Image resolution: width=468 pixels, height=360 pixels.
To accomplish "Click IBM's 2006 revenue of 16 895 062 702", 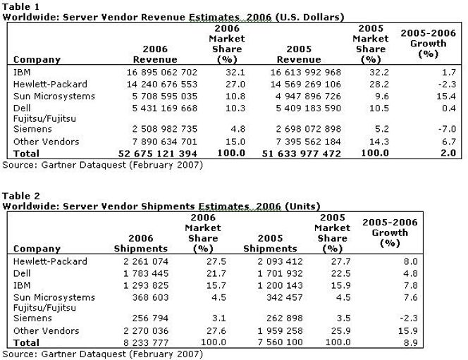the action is pyautogui.click(x=162, y=72).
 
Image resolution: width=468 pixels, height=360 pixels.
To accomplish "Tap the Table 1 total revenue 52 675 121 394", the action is pyautogui.click(x=158, y=154).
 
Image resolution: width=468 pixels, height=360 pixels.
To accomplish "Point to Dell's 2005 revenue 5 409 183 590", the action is pyautogui.click(x=308, y=108).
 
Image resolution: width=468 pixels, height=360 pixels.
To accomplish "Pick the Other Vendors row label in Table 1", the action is pyautogui.click(x=47, y=142).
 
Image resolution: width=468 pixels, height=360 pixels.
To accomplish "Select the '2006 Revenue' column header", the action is pyautogui.click(x=155, y=54).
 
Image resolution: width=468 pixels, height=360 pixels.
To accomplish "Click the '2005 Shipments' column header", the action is pyautogui.click(x=270, y=243).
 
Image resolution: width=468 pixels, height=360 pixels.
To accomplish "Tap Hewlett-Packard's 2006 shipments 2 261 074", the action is pyautogui.click(x=146, y=261).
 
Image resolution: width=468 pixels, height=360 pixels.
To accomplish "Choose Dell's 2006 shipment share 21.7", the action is pyautogui.click(x=216, y=273).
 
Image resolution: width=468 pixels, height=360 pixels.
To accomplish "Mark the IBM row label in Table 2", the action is pyautogui.click(x=22, y=285).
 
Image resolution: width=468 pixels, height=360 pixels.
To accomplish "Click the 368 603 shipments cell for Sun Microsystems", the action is pyautogui.click(x=150, y=297).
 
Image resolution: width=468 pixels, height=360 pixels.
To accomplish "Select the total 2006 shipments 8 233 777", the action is pyautogui.click(x=146, y=342).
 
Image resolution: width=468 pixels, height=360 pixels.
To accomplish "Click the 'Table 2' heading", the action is pyautogui.click(x=21, y=196).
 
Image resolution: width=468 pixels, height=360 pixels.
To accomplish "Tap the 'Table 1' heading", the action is pyautogui.click(x=21, y=6).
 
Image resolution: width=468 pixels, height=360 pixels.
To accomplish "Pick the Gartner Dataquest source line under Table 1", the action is pyautogui.click(x=103, y=165).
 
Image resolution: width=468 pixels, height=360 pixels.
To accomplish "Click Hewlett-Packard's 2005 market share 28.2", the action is pyautogui.click(x=379, y=84).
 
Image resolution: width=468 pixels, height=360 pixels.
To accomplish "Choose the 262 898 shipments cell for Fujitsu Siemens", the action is pyautogui.click(x=285, y=318).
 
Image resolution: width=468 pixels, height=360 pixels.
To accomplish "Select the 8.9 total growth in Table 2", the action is pyautogui.click(x=411, y=342).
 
